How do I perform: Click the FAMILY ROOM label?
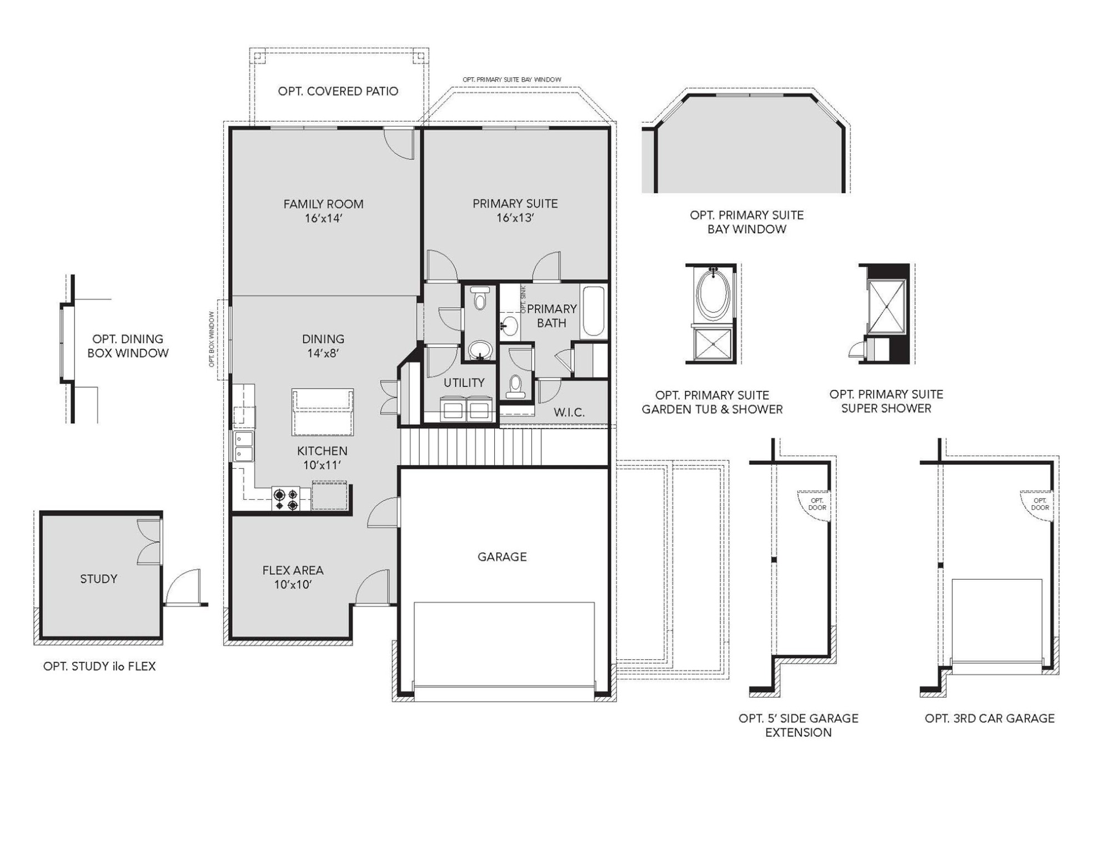pyautogui.click(x=323, y=204)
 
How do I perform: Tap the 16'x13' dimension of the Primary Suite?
pyautogui.click(x=515, y=218)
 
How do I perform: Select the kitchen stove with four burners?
pyautogui.click(x=286, y=499)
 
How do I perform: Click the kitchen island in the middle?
pyautogui.click(x=323, y=412)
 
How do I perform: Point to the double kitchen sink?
pyautogui.click(x=243, y=446)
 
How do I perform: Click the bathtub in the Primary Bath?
pyautogui.click(x=593, y=311)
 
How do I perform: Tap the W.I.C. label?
pyautogui.click(x=569, y=413)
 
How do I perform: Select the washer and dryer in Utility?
pyautogui.click(x=466, y=409)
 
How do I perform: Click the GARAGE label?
pyautogui.click(x=502, y=556)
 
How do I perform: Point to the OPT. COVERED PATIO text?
pyautogui.click(x=338, y=91)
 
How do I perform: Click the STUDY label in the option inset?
pyautogui.click(x=98, y=579)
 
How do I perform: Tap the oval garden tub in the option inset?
pyautogui.click(x=713, y=294)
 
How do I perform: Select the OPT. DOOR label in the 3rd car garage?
pyautogui.click(x=1040, y=504)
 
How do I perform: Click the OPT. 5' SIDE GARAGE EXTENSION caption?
pyautogui.click(x=798, y=725)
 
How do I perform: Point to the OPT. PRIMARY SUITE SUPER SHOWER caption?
pyautogui.click(x=886, y=401)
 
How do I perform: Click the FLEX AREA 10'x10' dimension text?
pyautogui.click(x=293, y=585)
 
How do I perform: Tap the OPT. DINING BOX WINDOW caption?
pyautogui.click(x=128, y=346)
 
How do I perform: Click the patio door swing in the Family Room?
pyautogui.click(x=399, y=143)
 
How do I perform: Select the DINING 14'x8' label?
pyautogui.click(x=323, y=345)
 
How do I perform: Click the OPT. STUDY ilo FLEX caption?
pyautogui.click(x=99, y=666)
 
